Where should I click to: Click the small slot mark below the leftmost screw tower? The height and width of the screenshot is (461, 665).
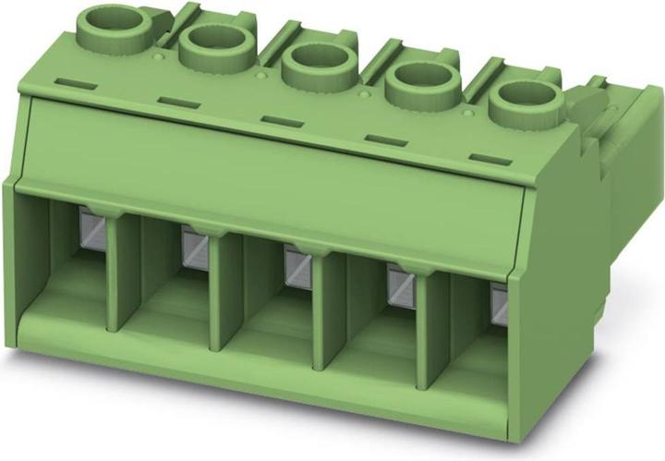(73, 83)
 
